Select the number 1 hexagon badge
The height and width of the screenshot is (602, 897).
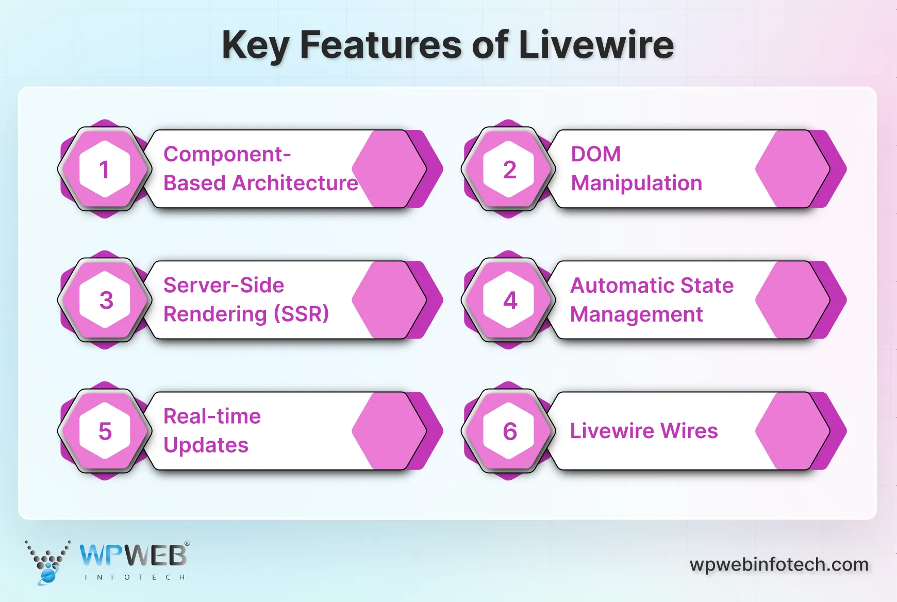point(105,169)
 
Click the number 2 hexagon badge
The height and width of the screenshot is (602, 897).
point(509,169)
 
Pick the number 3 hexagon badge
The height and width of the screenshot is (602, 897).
point(105,300)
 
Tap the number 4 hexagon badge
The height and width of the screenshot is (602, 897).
point(509,300)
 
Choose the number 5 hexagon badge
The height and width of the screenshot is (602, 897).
point(105,431)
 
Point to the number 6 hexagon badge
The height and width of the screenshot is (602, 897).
point(509,431)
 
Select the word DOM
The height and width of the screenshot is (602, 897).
point(595,154)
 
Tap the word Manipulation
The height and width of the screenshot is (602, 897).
point(636,183)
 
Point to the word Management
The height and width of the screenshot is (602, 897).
point(636,314)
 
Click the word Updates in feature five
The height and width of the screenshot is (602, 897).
point(206,445)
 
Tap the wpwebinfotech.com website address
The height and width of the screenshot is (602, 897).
point(779,564)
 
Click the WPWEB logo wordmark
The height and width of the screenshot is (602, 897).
point(133,556)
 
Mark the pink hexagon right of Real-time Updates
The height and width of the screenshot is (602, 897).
point(389,431)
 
